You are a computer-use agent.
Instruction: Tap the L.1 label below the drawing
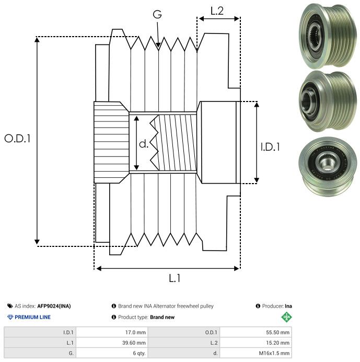(x=175, y=279)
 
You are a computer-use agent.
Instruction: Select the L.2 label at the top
(x=217, y=11)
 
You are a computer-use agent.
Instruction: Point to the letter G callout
(x=157, y=15)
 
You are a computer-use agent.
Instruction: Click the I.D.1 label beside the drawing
(x=270, y=147)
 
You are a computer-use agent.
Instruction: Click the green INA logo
(x=287, y=317)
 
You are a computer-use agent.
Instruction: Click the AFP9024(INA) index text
(x=54, y=306)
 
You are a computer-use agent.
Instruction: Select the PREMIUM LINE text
(x=32, y=317)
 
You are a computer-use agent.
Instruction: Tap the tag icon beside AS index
(x=10, y=306)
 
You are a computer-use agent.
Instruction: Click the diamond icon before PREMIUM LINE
(x=10, y=317)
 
